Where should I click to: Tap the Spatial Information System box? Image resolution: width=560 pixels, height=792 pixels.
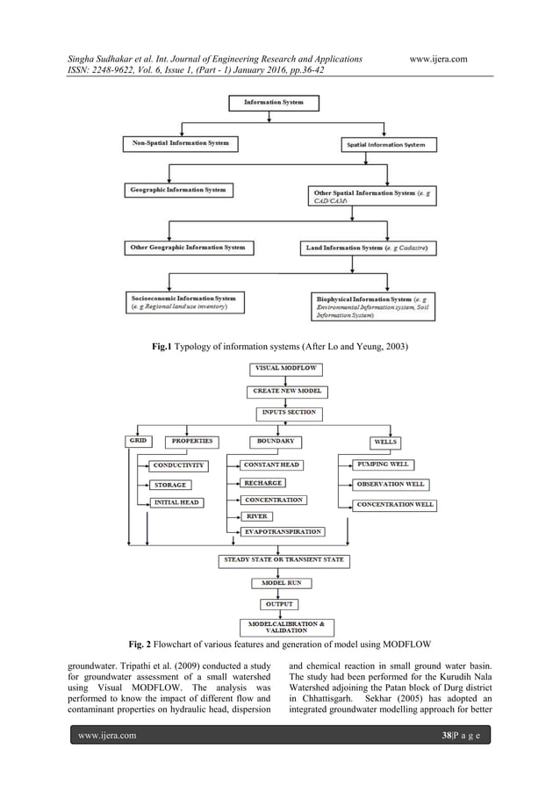(387, 143)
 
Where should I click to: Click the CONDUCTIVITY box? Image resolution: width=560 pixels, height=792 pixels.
(178, 464)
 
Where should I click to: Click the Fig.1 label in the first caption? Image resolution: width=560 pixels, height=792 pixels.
(162, 349)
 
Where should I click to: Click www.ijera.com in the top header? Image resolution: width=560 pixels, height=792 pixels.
(438, 59)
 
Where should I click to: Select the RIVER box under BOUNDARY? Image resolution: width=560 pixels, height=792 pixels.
(256, 516)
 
